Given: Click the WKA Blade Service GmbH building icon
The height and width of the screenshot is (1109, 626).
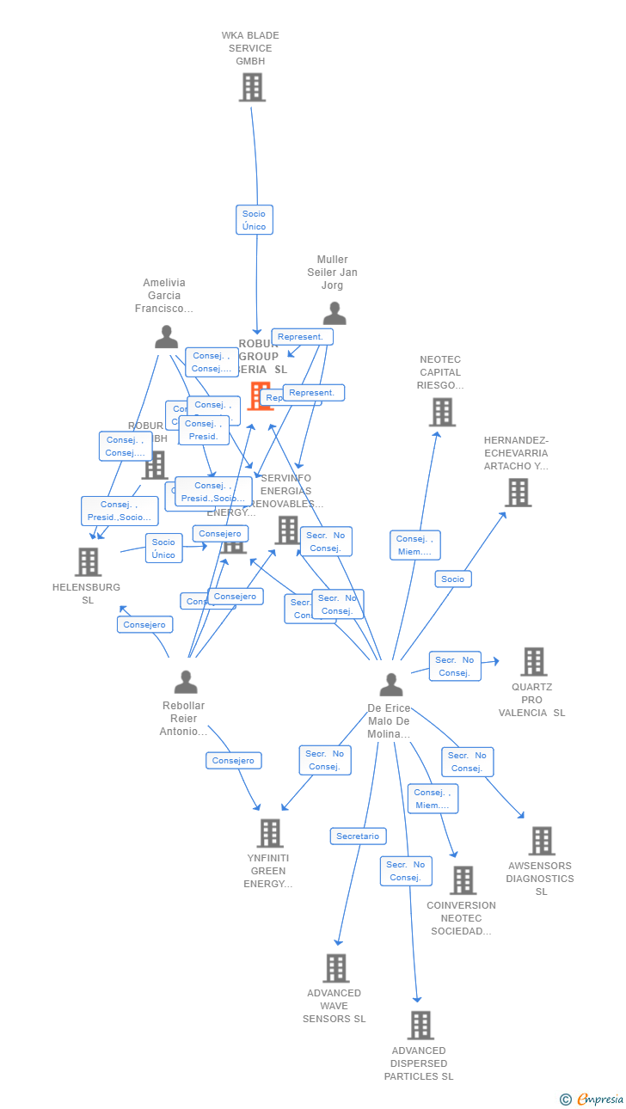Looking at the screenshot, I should tap(252, 88).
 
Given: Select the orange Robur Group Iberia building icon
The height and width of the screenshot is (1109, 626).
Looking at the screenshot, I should tap(259, 396).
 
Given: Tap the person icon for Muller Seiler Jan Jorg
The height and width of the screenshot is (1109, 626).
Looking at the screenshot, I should tap(334, 314).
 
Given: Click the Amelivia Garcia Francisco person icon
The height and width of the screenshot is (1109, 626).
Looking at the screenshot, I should tap(166, 337).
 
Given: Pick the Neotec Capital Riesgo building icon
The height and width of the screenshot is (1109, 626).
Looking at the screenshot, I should tap(442, 413).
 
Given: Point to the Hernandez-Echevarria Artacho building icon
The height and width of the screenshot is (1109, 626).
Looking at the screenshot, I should tap(518, 493).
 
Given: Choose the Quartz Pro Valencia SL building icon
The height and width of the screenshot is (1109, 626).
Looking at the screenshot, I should tap(533, 662).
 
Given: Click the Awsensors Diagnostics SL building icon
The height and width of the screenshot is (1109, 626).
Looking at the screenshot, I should tap(541, 841).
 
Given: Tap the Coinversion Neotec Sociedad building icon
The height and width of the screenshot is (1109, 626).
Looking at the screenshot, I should tap(463, 880).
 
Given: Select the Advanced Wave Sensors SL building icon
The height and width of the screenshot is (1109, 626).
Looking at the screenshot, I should tap(335, 968).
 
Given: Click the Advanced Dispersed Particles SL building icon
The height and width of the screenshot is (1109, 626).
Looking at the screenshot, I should tap(420, 1026).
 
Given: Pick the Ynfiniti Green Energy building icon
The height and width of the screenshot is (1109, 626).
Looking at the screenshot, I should tap(270, 833).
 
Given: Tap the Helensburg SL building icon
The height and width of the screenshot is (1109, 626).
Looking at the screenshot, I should tap(88, 562).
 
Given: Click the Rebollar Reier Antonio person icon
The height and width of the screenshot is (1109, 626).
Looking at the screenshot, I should tap(186, 683).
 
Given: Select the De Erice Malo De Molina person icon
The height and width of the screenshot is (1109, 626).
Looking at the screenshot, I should tap(391, 685).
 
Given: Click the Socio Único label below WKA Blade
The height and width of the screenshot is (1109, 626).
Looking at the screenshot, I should tap(255, 220).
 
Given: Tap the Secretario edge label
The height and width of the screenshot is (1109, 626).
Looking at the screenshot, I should tap(358, 836).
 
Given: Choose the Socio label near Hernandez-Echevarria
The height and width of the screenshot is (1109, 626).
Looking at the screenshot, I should tap(453, 579).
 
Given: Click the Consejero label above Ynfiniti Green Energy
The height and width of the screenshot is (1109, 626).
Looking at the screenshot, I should tap(234, 760).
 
